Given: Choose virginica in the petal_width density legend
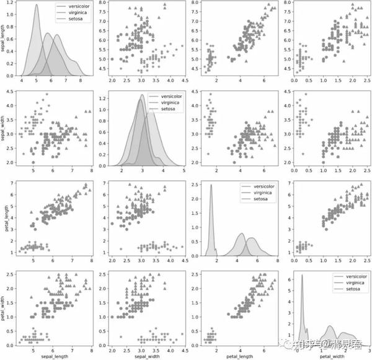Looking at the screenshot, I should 351,281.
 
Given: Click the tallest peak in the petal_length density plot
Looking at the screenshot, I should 211,185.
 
